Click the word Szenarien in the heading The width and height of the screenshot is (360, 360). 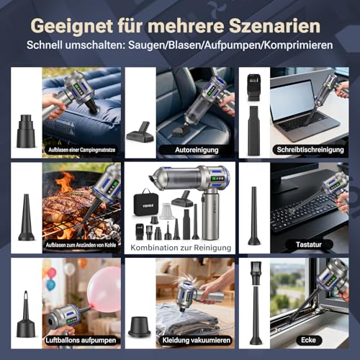coord(274,26)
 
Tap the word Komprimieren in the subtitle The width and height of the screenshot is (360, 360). coord(299,45)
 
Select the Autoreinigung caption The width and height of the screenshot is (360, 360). coord(197,150)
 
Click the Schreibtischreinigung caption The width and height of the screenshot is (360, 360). coord(310,150)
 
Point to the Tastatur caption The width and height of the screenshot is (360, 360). coord(309,245)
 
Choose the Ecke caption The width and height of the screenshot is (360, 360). coord(308,340)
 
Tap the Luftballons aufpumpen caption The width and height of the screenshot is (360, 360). coord(81,341)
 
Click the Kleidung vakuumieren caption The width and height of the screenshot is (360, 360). coord(197,341)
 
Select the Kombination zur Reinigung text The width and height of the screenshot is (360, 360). coord(181,248)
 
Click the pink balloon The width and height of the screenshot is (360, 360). coord(104,289)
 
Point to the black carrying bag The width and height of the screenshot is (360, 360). coord(145,202)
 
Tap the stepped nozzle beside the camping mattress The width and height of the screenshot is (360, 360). coord(26,131)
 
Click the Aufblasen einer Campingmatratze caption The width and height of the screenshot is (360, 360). coord(81,150)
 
